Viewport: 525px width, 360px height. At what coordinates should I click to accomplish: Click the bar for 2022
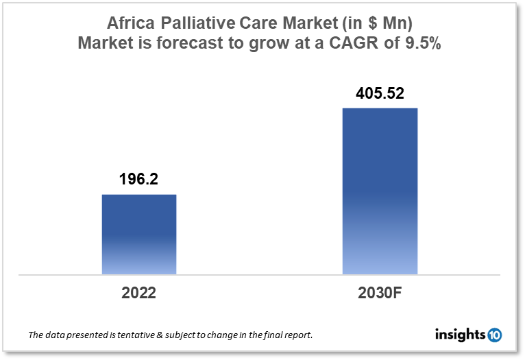[139, 235]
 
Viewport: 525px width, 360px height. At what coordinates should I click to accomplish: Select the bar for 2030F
[380, 191]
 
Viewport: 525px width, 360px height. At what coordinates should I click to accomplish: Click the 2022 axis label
[139, 293]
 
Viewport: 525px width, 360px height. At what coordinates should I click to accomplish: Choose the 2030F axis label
[380, 293]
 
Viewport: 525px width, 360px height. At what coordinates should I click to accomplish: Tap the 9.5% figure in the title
[425, 43]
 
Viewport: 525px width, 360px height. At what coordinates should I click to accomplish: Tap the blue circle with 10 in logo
[494, 335]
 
